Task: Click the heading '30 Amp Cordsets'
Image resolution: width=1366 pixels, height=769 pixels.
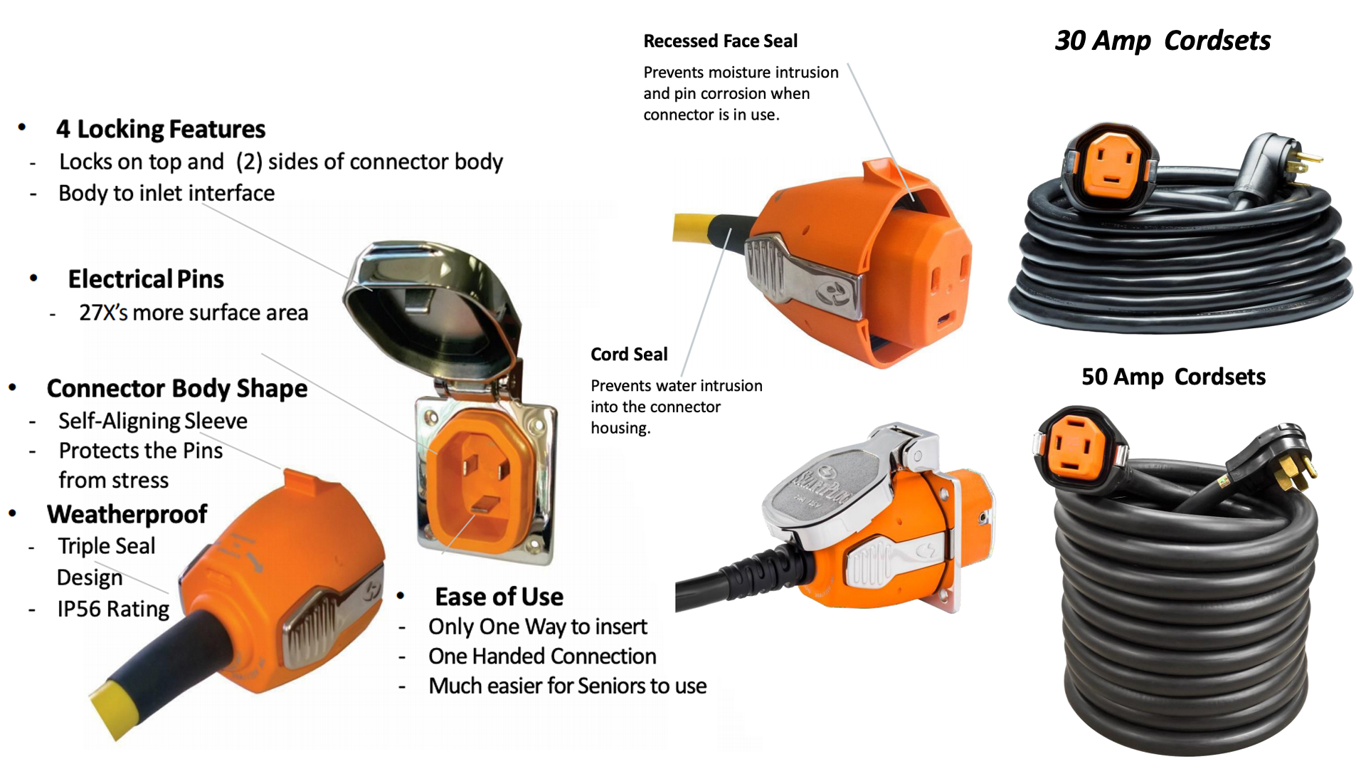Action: tap(1162, 41)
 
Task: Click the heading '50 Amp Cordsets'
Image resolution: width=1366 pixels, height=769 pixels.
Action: tap(1173, 377)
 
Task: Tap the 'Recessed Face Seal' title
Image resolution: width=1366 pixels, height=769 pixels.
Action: tap(720, 41)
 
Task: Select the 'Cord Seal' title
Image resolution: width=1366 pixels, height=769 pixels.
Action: tap(629, 355)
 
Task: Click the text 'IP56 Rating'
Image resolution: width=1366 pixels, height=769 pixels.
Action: tap(113, 609)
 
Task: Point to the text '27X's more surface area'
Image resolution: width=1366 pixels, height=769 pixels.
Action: tap(194, 313)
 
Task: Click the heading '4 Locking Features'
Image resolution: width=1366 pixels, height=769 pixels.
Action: tap(160, 129)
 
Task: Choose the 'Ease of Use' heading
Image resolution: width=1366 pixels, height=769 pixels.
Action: tap(499, 597)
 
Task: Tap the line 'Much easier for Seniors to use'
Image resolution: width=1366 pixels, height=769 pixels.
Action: tap(567, 686)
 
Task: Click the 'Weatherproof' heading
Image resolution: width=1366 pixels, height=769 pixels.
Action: tap(127, 514)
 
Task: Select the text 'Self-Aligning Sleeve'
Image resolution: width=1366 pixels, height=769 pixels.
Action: tap(153, 421)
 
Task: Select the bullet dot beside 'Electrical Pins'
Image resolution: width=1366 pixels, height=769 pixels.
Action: tap(33, 278)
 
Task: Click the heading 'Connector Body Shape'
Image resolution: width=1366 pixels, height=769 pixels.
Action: tap(177, 389)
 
